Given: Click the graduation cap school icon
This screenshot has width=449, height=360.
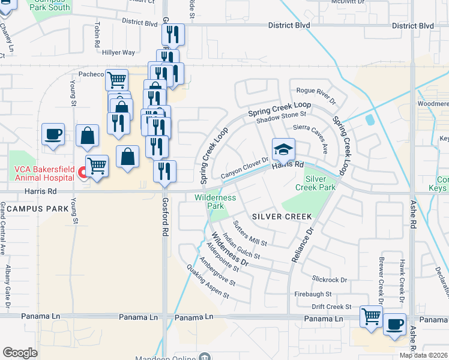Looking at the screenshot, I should point(284,149).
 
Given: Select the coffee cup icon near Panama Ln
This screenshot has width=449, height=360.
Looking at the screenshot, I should point(394,325).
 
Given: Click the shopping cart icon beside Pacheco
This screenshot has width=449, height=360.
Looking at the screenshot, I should point(116,79).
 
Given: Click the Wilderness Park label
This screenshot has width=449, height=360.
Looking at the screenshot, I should point(215,201).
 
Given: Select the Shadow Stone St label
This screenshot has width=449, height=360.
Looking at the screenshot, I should point(281,114).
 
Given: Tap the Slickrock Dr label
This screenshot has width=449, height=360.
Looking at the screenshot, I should point(330,280).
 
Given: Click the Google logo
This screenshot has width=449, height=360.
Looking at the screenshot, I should point(20,352).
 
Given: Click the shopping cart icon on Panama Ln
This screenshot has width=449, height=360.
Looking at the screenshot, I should point(371,316).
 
